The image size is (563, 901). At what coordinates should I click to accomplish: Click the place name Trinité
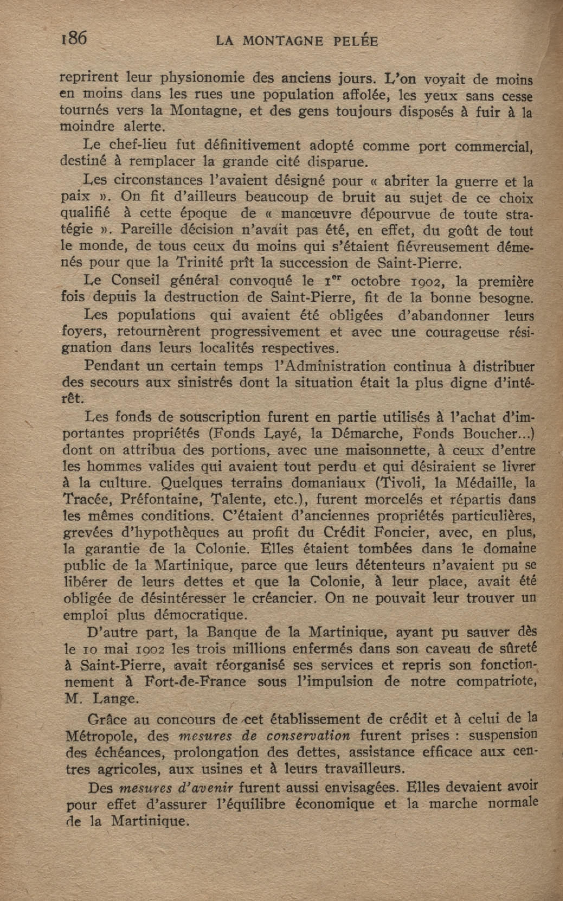200,263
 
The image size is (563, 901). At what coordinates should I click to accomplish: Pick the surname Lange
115,698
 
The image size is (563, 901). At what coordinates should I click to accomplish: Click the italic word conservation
308,736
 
